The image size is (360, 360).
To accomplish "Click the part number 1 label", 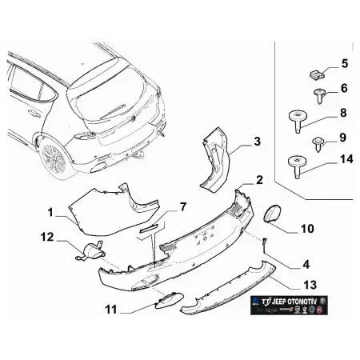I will click(x=50, y=213).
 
